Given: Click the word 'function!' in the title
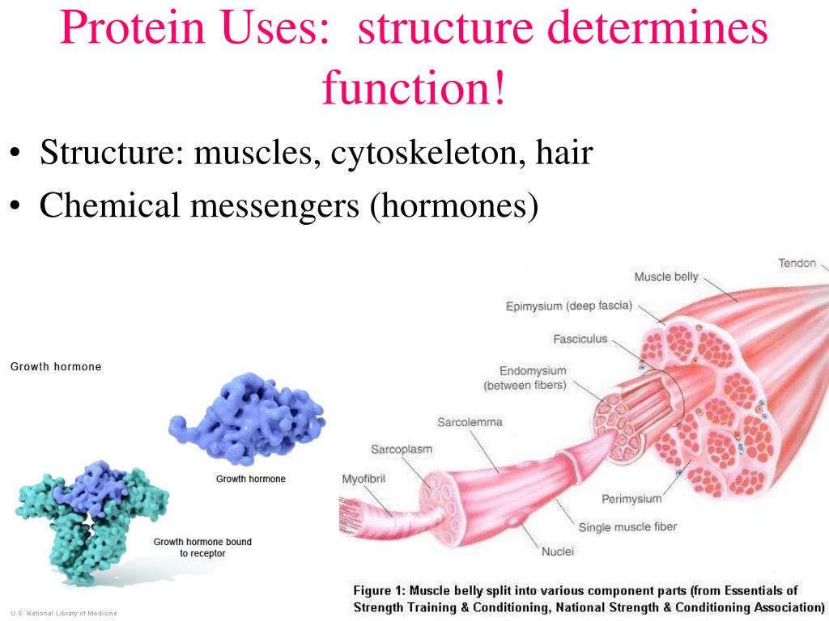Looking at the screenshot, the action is pyautogui.click(x=414, y=87).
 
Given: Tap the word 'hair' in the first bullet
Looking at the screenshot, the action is pyautogui.click(x=564, y=152).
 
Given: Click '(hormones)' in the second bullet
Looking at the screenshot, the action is pyautogui.click(x=454, y=205).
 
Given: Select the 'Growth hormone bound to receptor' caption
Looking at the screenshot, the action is pyautogui.click(x=202, y=547).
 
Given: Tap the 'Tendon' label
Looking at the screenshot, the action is pyautogui.click(x=797, y=263).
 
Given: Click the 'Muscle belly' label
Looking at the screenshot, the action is pyautogui.click(x=666, y=277).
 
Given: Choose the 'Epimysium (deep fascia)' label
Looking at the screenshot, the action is pyautogui.click(x=569, y=306).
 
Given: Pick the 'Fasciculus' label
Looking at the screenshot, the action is pyautogui.click(x=580, y=339).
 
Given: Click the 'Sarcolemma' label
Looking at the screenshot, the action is pyautogui.click(x=470, y=422).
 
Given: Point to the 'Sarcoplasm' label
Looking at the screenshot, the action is pyautogui.click(x=402, y=450).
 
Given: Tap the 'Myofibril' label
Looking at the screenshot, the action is pyautogui.click(x=363, y=479).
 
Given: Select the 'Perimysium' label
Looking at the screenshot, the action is pyautogui.click(x=631, y=499).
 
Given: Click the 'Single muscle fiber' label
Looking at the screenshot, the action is pyautogui.click(x=627, y=527).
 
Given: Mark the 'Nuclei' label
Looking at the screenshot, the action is pyautogui.click(x=557, y=551).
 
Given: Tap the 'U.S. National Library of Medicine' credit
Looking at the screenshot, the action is pyautogui.click(x=64, y=613).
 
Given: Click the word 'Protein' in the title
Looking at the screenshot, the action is pyautogui.click(x=132, y=27).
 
